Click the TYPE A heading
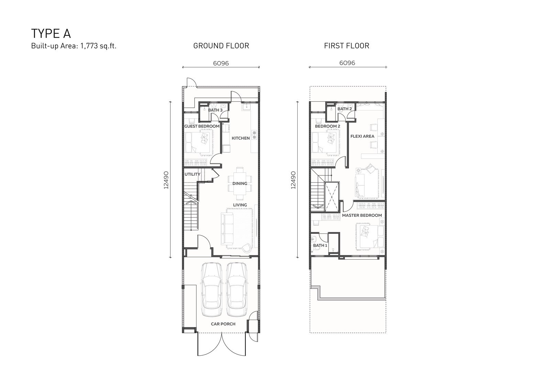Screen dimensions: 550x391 click(x=51, y=34)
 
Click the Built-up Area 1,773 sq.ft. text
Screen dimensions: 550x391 click(x=74, y=46)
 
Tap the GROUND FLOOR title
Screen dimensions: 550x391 click(x=221, y=46)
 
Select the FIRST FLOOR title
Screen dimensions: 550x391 click(x=347, y=46)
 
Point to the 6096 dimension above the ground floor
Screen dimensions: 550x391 click(x=221, y=64)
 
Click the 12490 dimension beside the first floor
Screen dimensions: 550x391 click(x=293, y=180)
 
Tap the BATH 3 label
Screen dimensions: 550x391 click(x=215, y=110)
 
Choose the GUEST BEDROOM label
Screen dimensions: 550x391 click(x=202, y=126)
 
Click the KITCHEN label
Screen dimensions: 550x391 click(x=241, y=138)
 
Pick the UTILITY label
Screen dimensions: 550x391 click(x=192, y=174)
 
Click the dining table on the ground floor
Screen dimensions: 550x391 click(x=240, y=183)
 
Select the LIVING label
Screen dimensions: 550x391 click(x=240, y=205)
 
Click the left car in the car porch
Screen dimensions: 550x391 click(x=212, y=289)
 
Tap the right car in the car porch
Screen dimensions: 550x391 click(x=236, y=289)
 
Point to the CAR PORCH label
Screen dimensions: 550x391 click(x=223, y=324)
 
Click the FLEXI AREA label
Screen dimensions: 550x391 click(x=362, y=136)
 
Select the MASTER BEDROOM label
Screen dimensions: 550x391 click(x=362, y=216)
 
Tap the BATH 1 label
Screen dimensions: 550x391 click(x=320, y=245)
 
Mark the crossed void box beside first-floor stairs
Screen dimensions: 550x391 click(x=332, y=197)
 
